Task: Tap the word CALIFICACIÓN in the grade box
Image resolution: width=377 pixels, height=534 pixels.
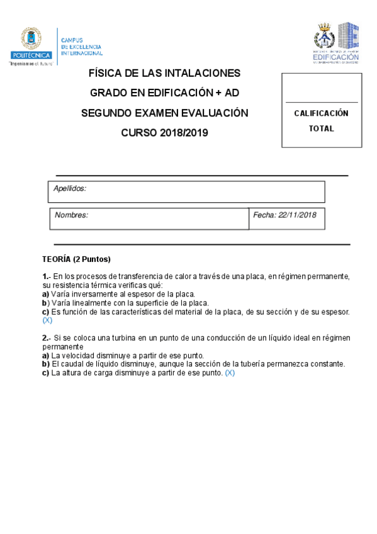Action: click(321, 113)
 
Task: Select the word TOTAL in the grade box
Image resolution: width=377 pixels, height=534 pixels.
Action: click(321, 128)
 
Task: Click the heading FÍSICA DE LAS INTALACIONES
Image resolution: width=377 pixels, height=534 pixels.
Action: click(165, 74)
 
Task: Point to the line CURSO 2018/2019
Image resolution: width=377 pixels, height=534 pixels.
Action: click(164, 133)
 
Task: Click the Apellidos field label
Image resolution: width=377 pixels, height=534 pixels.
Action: click(69, 188)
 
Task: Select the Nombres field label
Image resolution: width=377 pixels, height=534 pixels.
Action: click(71, 215)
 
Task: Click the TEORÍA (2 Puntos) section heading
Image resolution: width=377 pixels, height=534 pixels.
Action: click(76, 259)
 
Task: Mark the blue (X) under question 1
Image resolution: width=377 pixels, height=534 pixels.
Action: click(47, 320)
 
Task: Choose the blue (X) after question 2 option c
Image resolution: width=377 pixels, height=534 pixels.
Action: click(230, 372)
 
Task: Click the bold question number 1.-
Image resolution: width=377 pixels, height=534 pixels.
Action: click(46, 276)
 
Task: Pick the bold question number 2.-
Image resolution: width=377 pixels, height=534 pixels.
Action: click(46, 338)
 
